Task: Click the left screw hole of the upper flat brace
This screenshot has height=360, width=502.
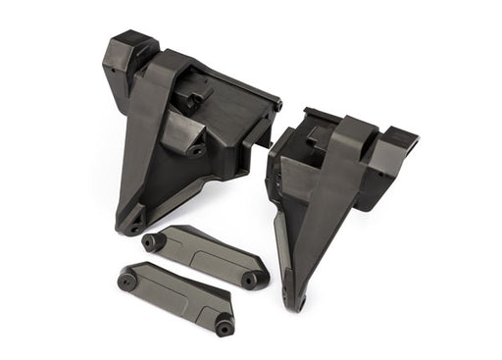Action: pyautogui.click(x=150, y=240)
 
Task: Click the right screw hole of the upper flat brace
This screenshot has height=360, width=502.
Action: pyautogui.click(x=249, y=280)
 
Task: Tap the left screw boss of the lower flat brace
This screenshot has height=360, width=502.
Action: pyautogui.click(x=126, y=281)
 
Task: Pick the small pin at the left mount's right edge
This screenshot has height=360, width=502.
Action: pyautogui.click(x=278, y=105)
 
